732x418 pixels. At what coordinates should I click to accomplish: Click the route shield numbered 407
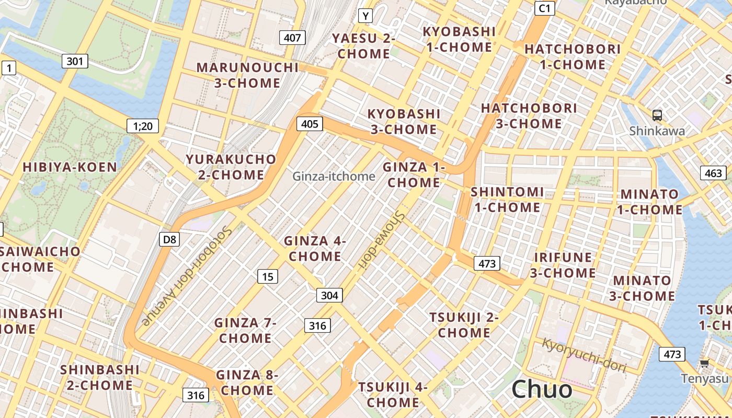pyautogui.click(x=292, y=38)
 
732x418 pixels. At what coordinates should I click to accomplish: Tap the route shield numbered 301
pyautogui.click(x=75, y=61)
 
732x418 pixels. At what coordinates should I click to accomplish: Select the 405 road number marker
pyautogui.click(x=310, y=124)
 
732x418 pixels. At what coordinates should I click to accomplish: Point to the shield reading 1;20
pyautogui.click(x=143, y=125)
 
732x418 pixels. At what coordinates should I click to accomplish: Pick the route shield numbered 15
pyautogui.click(x=267, y=276)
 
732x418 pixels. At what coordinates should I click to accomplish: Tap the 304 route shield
pyautogui.click(x=329, y=296)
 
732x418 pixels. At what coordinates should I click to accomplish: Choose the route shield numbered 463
pyautogui.click(x=713, y=173)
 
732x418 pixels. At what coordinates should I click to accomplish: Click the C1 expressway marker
pyautogui.click(x=545, y=8)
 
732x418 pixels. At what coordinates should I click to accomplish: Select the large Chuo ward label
pyautogui.click(x=542, y=389)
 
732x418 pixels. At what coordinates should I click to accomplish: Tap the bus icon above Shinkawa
pyautogui.click(x=657, y=115)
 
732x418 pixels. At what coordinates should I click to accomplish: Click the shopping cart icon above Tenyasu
pyautogui.click(x=704, y=363)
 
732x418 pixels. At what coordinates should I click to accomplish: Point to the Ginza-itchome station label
pyautogui.click(x=334, y=176)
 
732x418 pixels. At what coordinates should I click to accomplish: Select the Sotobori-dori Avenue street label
pyautogui.click(x=186, y=277)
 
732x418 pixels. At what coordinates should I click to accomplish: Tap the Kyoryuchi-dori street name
pyautogui.click(x=584, y=355)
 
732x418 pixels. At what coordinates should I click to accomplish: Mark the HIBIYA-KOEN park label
pyautogui.click(x=70, y=167)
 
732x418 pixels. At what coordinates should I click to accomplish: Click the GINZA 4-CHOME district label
pyautogui.click(x=315, y=249)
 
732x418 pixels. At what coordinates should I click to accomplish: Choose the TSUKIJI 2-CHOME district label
pyautogui.click(x=464, y=325)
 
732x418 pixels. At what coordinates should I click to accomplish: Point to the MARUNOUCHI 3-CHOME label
pyautogui.click(x=247, y=75)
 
